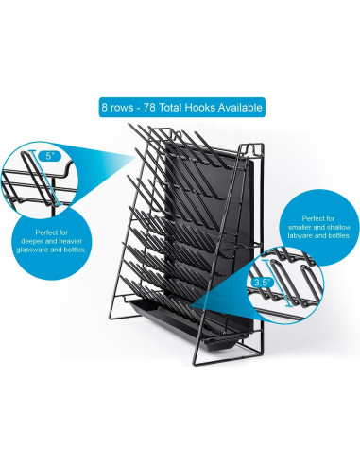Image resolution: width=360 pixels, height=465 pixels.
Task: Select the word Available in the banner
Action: pyautogui.click(x=240, y=106)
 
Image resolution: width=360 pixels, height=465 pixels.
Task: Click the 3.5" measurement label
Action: pyautogui.click(x=262, y=282)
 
